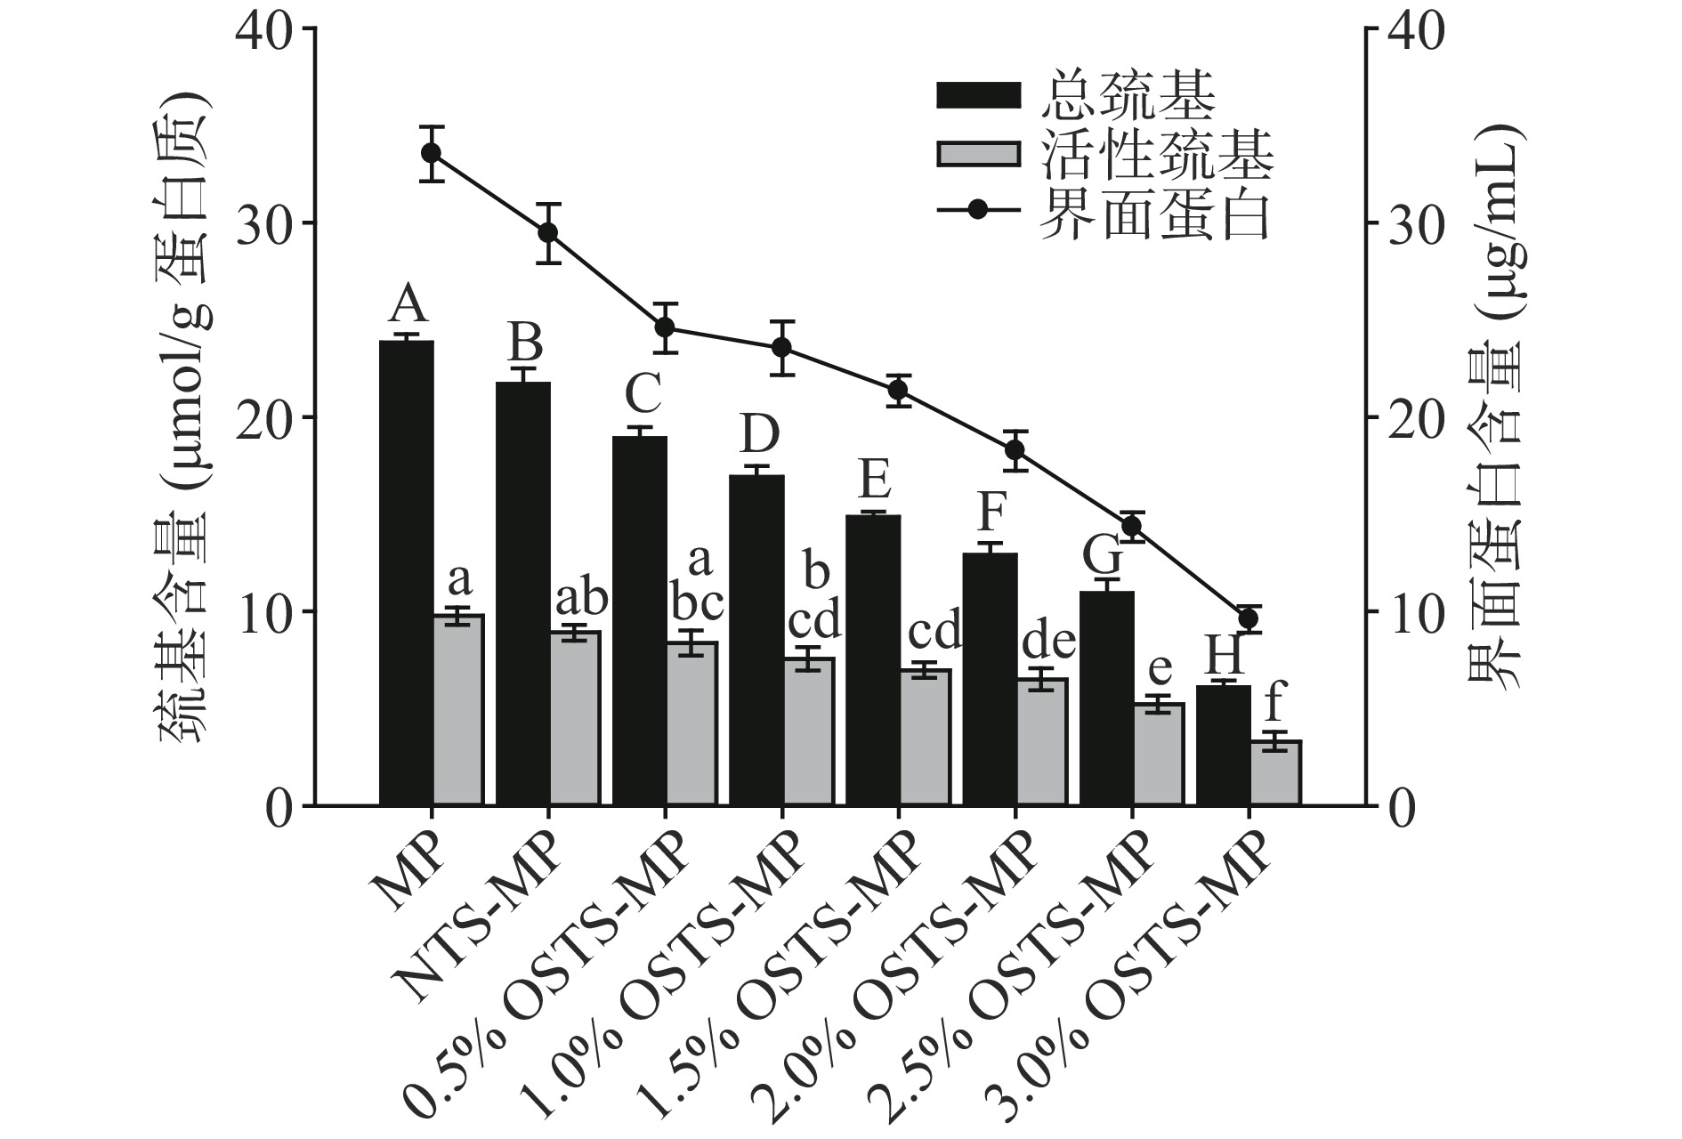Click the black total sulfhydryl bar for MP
pos(406,573)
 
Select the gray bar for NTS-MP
pos(575,718)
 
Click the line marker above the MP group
pos(432,153)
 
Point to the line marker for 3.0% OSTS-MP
pos(1249,618)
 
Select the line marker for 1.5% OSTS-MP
pos(898,390)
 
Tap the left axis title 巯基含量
pos(182,614)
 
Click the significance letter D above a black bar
pos(759,434)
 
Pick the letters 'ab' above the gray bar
pos(581,599)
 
